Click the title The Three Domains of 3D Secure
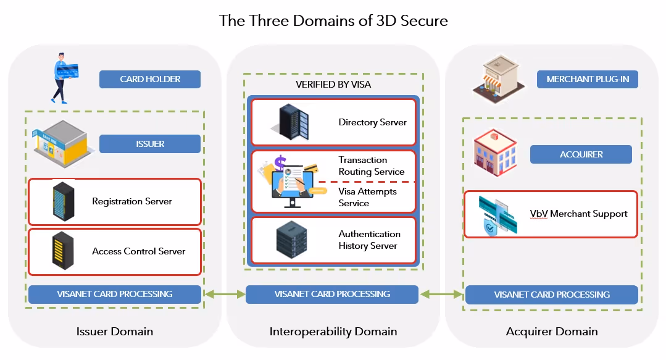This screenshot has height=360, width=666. tap(333, 20)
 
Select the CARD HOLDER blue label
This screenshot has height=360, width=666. tap(150, 79)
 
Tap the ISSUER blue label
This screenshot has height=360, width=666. tap(150, 144)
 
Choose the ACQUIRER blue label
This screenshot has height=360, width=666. tap(581, 154)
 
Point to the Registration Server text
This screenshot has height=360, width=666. tap(132, 201)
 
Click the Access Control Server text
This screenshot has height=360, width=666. tap(138, 251)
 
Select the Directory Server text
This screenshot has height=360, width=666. tap(372, 122)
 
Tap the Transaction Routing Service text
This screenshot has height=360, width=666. tap(372, 165)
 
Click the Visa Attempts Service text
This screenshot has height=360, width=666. tap(367, 197)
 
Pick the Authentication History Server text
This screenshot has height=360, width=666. tap(369, 240)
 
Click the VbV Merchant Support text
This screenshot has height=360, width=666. tap(578, 214)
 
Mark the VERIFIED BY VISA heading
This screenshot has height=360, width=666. tap(333, 84)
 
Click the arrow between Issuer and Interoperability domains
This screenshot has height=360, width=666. tap(223, 295)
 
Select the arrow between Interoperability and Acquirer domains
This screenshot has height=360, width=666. tap(442, 295)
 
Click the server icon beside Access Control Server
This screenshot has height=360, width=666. tap(63, 252)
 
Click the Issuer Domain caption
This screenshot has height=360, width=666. tap(114, 332)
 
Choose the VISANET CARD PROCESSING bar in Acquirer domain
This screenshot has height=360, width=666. tap(552, 295)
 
